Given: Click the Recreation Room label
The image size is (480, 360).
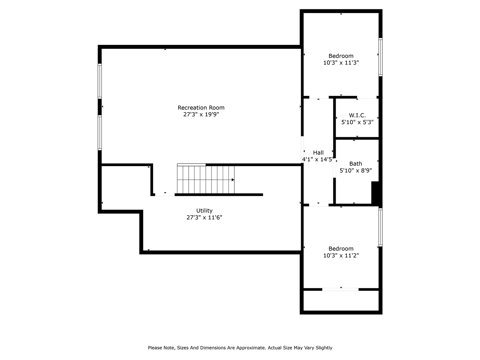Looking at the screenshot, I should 201,108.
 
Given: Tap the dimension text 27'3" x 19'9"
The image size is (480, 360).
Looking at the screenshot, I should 201,114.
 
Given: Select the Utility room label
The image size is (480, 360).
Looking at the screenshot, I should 204,211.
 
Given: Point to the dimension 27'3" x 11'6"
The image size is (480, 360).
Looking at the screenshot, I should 204,217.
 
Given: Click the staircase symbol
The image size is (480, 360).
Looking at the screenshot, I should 205,179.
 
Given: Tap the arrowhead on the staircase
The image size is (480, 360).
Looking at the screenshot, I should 233,180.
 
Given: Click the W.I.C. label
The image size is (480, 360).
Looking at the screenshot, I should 357,115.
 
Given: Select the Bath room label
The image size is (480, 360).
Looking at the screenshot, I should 355,163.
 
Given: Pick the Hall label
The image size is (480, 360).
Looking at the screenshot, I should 318,153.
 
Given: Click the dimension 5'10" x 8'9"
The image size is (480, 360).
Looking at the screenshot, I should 355,170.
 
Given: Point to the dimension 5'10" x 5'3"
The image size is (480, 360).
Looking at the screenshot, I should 357,122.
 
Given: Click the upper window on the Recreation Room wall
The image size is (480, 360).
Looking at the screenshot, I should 100,81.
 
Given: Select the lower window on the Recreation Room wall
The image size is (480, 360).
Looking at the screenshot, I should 100,132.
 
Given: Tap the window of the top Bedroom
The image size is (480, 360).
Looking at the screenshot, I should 380,57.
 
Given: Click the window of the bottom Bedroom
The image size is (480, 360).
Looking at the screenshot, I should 380,227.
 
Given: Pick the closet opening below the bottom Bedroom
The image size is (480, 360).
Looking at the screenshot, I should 340,289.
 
